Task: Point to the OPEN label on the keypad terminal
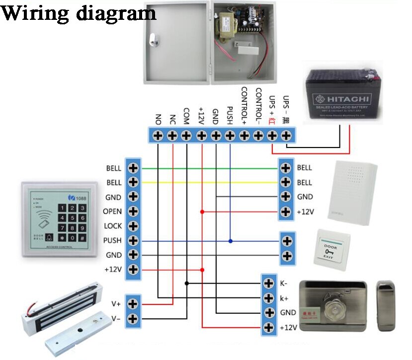(x=112, y=212)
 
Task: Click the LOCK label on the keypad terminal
(x=112, y=226)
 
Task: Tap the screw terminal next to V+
(x=133, y=303)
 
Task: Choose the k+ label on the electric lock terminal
(x=284, y=298)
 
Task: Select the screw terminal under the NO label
(x=158, y=135)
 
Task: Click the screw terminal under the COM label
(x=186, y=135)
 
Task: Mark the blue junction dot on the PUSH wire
(x=230, y=241)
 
